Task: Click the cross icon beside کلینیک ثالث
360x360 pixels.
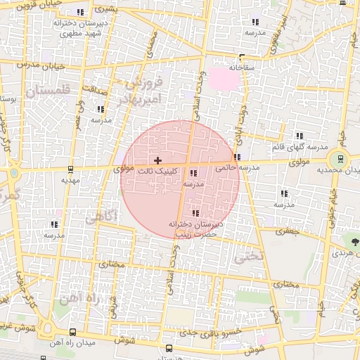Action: click(157, 161)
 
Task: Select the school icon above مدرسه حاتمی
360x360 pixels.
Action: click(238, 157)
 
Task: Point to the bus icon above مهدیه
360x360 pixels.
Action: click(70, 169)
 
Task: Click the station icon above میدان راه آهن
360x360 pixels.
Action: click(73, 332)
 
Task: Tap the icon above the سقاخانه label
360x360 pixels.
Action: click(242, 58)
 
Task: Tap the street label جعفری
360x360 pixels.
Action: click(286, 231)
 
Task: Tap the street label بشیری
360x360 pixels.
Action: click(103, 10)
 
